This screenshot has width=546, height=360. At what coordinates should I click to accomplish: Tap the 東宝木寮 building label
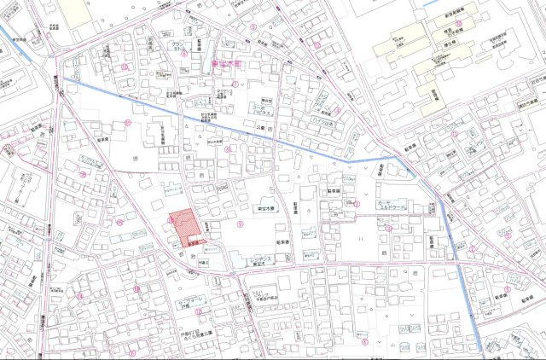click(x=263, y=209)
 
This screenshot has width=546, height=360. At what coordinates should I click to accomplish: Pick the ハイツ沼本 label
click(x=322, y=125)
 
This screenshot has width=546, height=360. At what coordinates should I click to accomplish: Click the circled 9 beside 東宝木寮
click(x=241, y=224)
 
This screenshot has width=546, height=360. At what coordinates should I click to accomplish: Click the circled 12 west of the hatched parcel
click(x=120, y=224)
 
